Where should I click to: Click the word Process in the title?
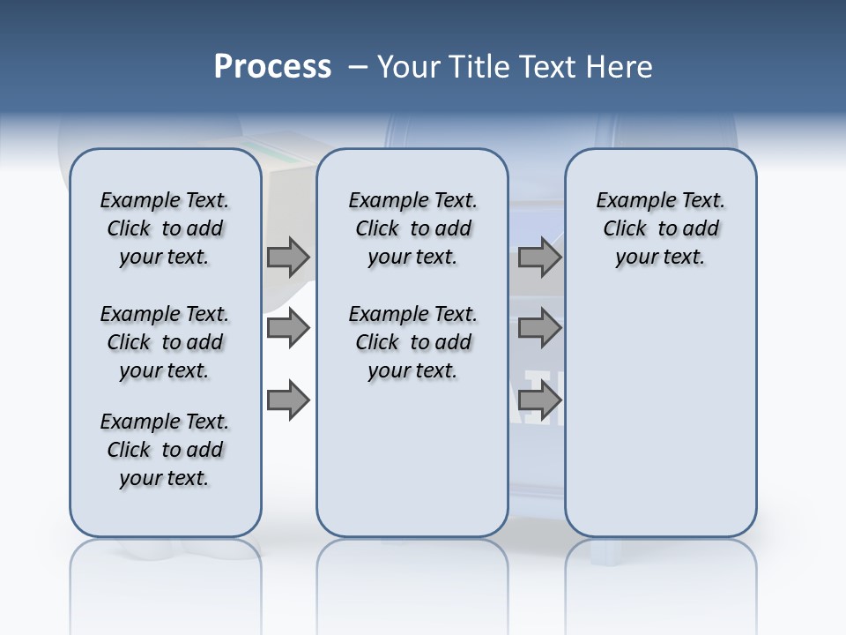click(x=272, y=67)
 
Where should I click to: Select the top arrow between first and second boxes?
click(x=288, y=258)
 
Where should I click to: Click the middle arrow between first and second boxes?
click(x=288, y=329)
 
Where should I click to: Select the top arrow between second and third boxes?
click(x=539, y=258)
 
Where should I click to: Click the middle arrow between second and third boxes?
click(x=539, y=329)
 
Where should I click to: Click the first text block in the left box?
click(x=165, y=229)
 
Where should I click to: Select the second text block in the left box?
click(x=165, y=342)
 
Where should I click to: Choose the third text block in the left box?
click(x=165, y=451)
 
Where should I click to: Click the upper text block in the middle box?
click(x=412, y=229)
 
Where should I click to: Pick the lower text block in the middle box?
click(x=412, y=342)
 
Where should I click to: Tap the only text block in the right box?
click(x=661, y=229)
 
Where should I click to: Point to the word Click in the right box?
click(x=625, y=229)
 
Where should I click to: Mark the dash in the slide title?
click(x=358, y=67)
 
